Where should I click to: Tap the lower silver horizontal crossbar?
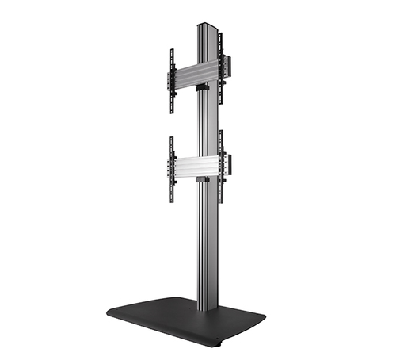[x=195, y=166]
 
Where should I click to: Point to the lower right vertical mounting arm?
[x=222, y=162]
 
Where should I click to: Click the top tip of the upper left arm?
[x=171, y=51]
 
